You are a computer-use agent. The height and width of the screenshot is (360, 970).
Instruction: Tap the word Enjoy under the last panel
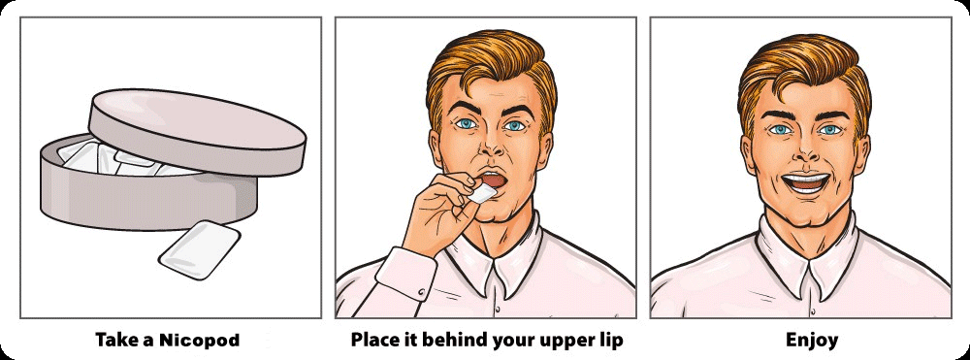pos(812,341)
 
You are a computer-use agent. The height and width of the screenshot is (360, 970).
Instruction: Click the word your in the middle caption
pos(513,341)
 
